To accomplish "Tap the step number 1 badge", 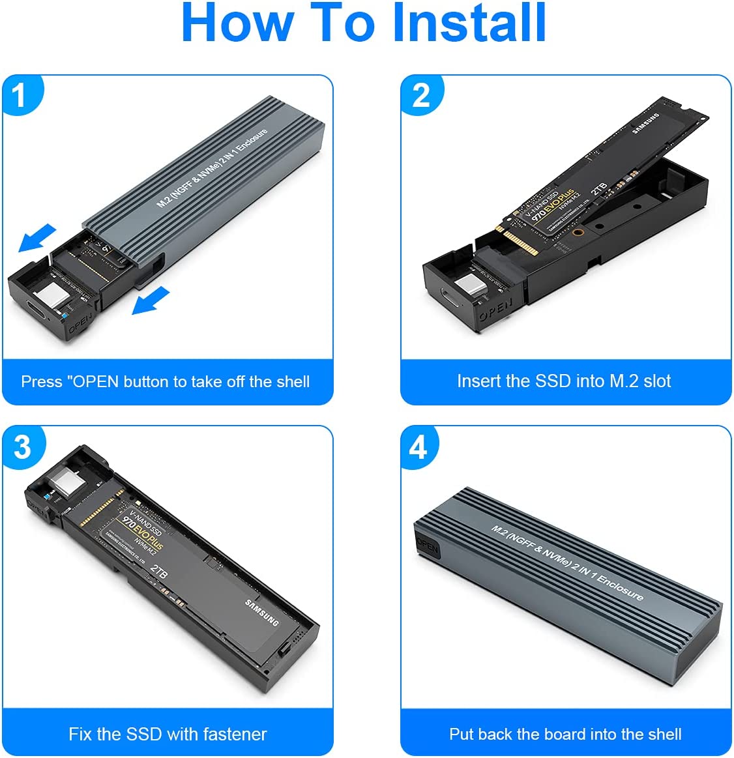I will pos(19,96).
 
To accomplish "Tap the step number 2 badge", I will pos(421,96).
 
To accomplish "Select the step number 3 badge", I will pos(22,447).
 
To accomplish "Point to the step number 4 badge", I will pos(418,447).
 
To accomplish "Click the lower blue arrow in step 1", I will pos(151,302).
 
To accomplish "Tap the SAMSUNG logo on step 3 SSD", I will pos(262,612).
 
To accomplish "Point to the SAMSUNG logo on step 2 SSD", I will pos(645,123).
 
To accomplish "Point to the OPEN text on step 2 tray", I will pos(496,309).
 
